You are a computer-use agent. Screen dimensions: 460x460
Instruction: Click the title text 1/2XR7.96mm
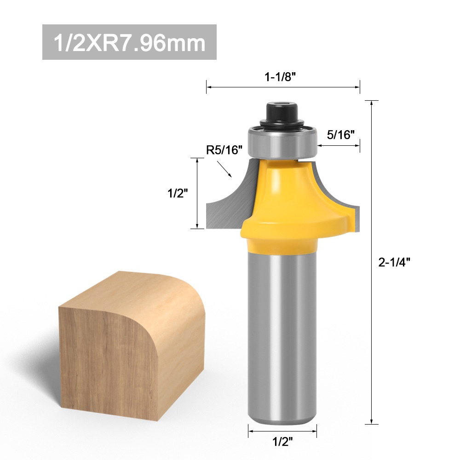click(x=129, y=43)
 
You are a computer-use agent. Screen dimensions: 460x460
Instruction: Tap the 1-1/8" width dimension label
click(x=280, y=77)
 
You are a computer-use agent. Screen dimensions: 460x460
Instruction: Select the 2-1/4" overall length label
click(x=394, y=262)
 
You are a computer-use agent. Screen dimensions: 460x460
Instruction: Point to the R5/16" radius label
click(x=224, y=150)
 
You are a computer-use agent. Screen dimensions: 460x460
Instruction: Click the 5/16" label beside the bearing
click(x=340, y=135)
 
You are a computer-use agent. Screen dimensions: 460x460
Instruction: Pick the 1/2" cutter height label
click(x=178, y=193)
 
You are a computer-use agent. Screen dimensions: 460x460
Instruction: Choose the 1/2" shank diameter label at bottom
click(x=282, y=441)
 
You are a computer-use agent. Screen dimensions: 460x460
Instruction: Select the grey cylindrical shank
click(x=282, y=337)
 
